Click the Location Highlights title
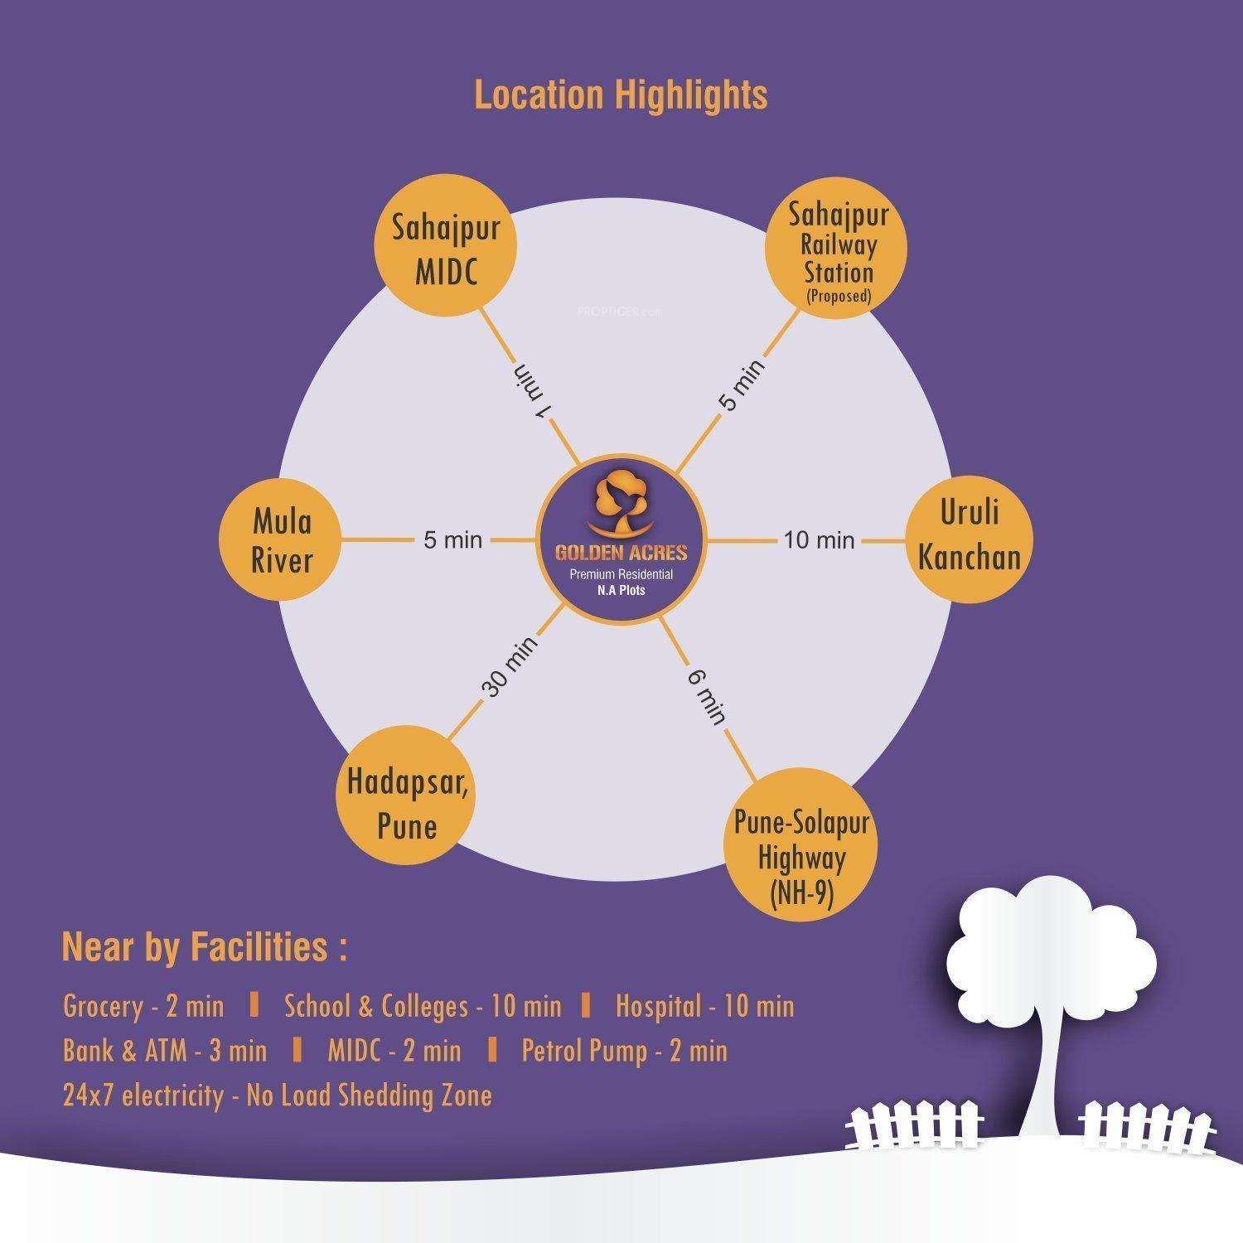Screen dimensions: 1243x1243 (621, 94)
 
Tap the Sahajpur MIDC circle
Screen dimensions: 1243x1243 (445, 249)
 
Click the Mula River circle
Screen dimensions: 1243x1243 (282, 539)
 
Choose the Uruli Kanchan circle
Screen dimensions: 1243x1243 (969, 537)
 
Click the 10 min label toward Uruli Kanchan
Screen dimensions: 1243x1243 (819, 540)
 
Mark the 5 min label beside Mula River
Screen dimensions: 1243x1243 (452, 540)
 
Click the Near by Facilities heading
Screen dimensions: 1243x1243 (204, 946)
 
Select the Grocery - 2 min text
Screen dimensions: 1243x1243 (143, 1006)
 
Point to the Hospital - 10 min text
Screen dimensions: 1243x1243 (704, 1006)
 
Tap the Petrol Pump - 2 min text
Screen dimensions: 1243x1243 (624, 1051)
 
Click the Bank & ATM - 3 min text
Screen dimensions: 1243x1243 (165, 1051)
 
